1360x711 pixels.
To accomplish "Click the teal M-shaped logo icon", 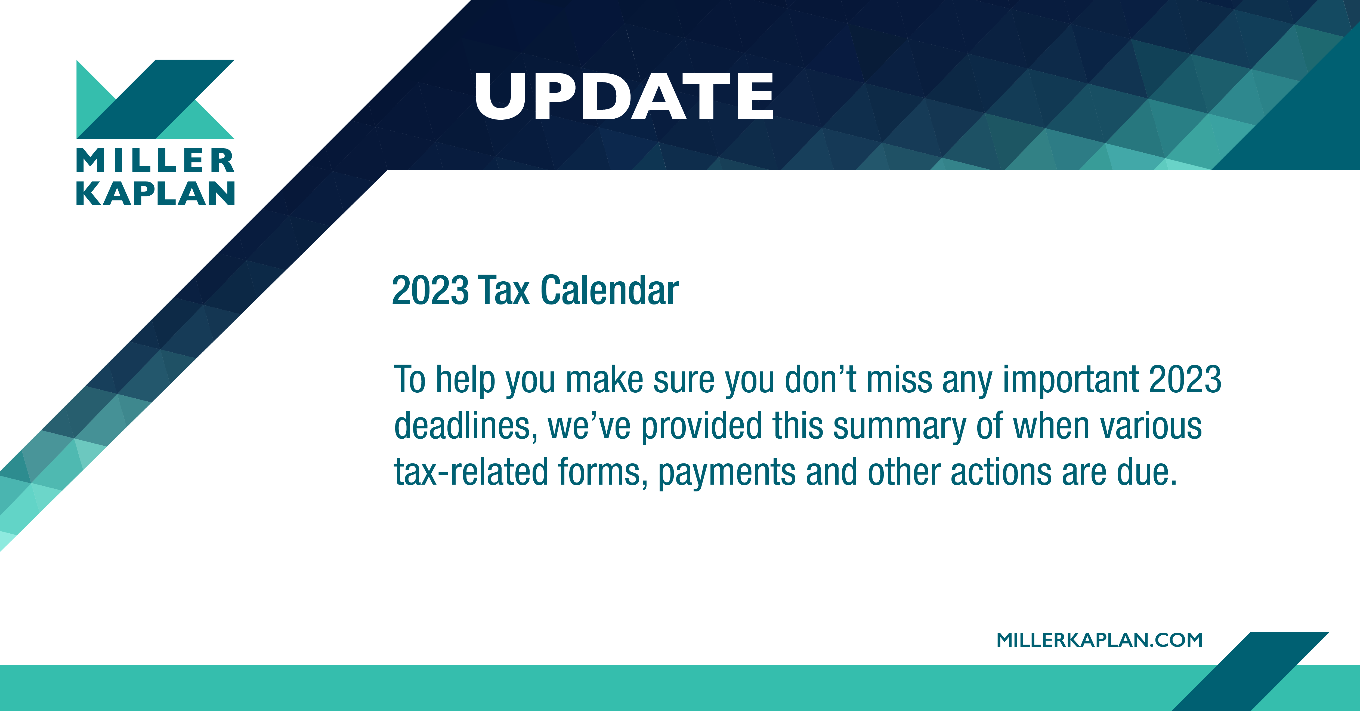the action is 155,99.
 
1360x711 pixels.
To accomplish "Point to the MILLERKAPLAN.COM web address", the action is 1099,640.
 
